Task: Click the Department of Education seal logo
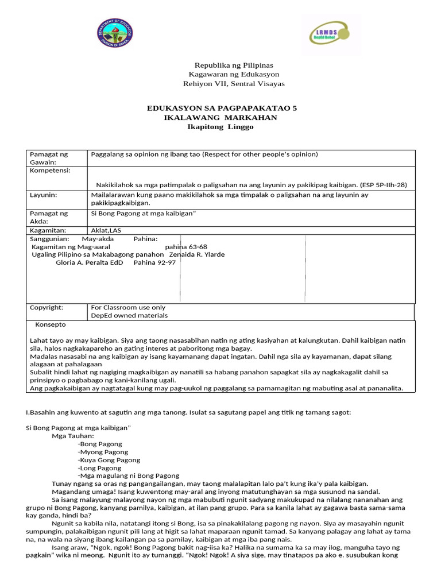115,35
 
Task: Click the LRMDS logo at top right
326,34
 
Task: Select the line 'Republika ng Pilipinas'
234,65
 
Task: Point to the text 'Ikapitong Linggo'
220,127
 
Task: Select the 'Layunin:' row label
43,195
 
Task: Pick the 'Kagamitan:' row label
48,230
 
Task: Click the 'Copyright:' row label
47,308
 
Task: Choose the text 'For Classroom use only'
128,308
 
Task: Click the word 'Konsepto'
51,324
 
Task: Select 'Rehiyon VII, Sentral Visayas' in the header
234,84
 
